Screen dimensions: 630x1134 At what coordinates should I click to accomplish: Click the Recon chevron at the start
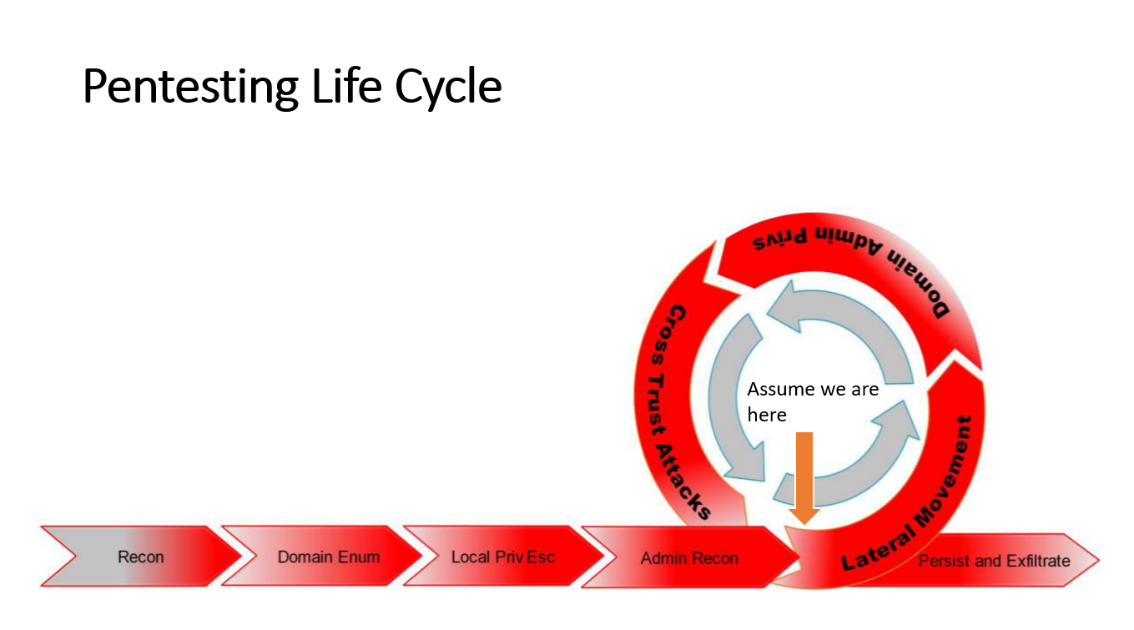[140, 557]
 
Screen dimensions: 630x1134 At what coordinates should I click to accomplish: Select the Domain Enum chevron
[328, 557]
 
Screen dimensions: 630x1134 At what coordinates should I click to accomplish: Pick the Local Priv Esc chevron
[502, 557]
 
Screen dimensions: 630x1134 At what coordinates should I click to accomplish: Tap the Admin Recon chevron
[689, 558]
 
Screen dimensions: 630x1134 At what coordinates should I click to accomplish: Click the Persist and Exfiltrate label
[994, 561]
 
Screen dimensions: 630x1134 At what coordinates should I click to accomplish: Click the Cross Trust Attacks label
[679, 409]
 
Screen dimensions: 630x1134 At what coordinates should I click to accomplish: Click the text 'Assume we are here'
[812, 401]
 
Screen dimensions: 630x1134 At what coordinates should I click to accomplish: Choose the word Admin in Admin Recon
[663, 558]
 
